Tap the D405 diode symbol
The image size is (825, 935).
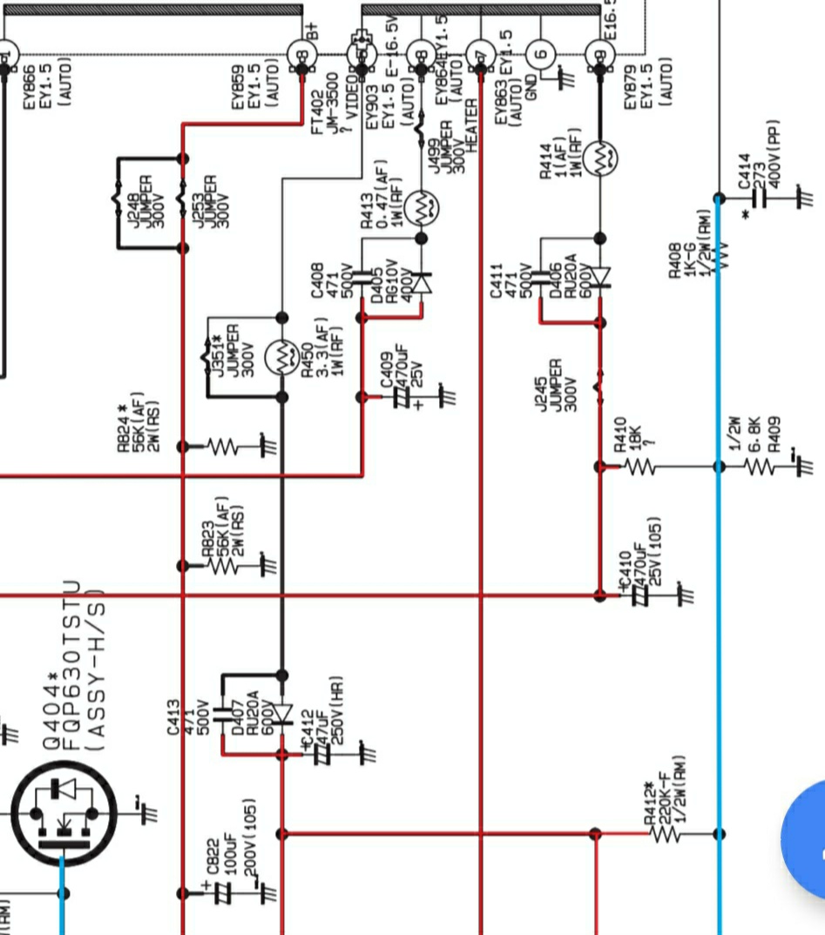[422, 282]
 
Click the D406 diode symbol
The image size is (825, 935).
[600, 277]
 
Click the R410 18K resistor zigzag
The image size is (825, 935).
[639, 467]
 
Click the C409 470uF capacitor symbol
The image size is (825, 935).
[401, 397]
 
